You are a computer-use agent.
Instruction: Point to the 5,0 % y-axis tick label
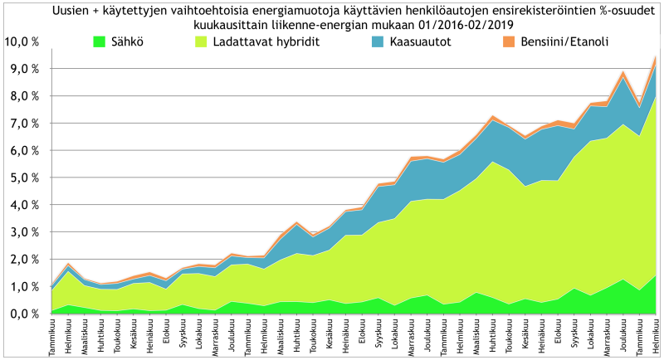tap(24, 178)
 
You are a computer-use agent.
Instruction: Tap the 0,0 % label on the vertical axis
tap(24, 314)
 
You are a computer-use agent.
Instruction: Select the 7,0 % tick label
tap(24, 124)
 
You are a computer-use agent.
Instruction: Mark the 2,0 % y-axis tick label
tap(24, 260)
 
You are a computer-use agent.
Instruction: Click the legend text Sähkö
tap(125, 42)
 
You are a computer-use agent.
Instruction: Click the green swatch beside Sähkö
tap(99, 41)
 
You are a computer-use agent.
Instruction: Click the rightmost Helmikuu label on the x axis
tap(656, 336)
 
